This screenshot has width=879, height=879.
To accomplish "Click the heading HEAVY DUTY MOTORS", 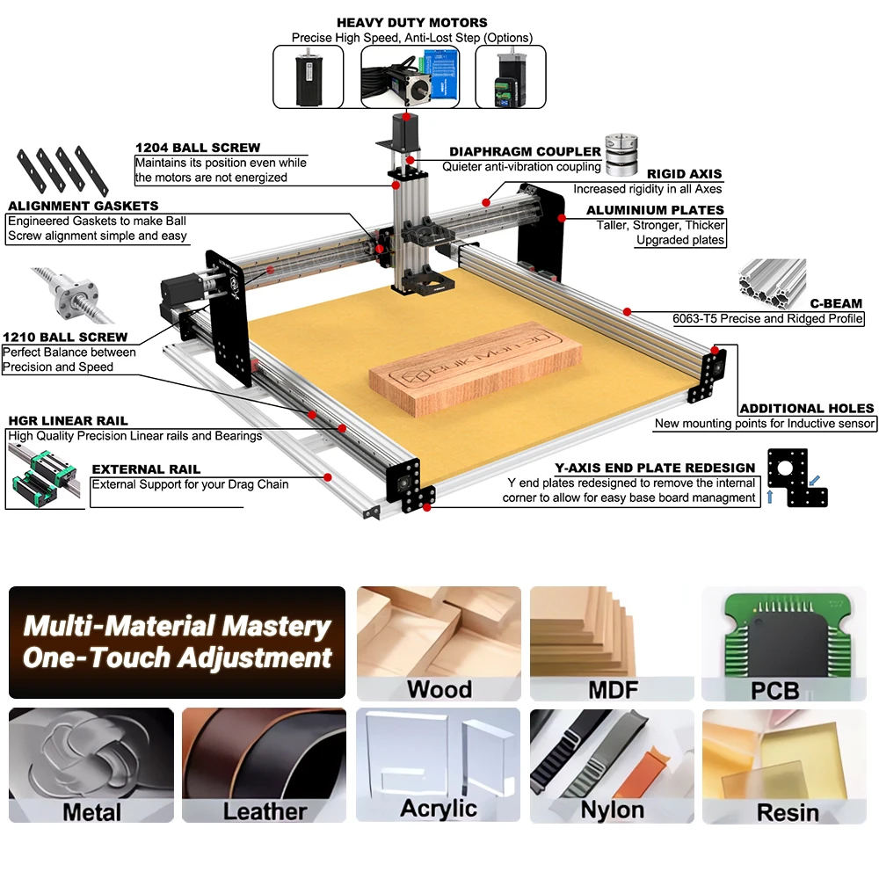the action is tap(411, 22).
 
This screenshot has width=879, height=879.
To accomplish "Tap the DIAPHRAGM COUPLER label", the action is tap(525, 152).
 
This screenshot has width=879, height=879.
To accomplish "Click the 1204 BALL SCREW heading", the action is tap(198, 148).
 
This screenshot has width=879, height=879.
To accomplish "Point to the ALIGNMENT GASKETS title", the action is tap(83, 206).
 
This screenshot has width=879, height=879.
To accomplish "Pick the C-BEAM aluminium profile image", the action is tap(772, 279).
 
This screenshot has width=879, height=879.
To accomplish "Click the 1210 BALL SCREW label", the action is tap(65, 337).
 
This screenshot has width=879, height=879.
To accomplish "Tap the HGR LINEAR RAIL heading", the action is tap(68, 421).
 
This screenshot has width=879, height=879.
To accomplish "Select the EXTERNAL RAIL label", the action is tap(146, 469).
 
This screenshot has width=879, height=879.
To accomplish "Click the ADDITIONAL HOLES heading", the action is tap(807, 408).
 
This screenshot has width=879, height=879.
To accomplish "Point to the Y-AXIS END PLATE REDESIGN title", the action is tap(655, 468).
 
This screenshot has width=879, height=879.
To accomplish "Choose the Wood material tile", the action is tap(439, 644).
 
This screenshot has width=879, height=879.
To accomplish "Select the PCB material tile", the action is tap(774, 644).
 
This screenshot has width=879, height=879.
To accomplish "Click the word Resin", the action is tap(788, 811).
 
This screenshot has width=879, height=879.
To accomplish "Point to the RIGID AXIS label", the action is tap(684, 174).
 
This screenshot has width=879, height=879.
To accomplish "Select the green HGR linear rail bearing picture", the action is tap(42, 475).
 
